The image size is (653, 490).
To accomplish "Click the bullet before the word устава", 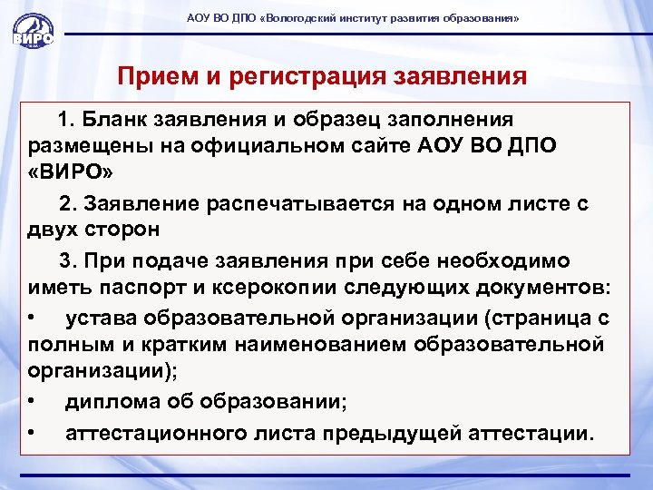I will [x=32, y=318].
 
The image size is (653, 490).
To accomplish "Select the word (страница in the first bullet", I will [x=536, y=318].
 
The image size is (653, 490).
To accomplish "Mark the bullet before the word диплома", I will [x=32, y=400].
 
